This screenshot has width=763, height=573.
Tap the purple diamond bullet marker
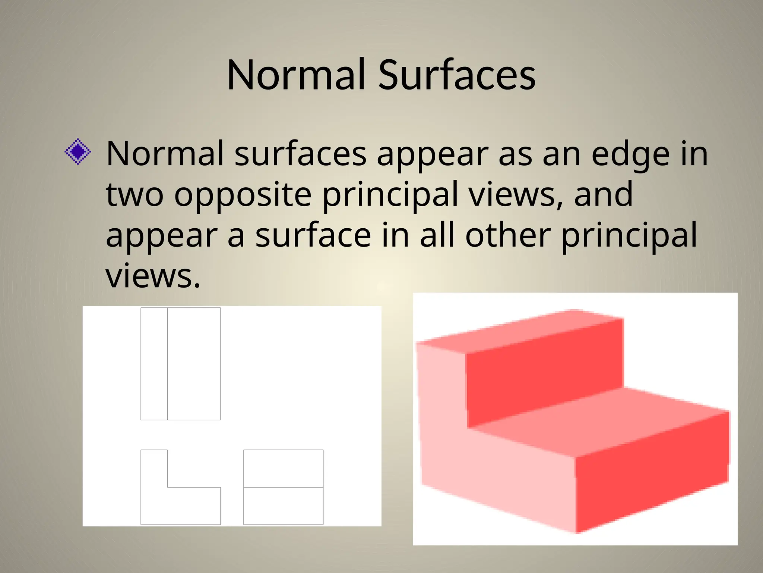pyautogui.click(x=78, y=152)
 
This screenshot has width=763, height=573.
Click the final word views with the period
pyautogui.click(x=153, y=276)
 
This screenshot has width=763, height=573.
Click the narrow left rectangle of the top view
pyautogui.click(x=154, y=364)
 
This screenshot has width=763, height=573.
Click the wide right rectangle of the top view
pyautogui.click(x=194, y=364)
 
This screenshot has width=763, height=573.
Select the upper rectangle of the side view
pyautogui.click(x=283, y=469)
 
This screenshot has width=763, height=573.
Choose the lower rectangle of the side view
pyautogui.click(x=283, y=505)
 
